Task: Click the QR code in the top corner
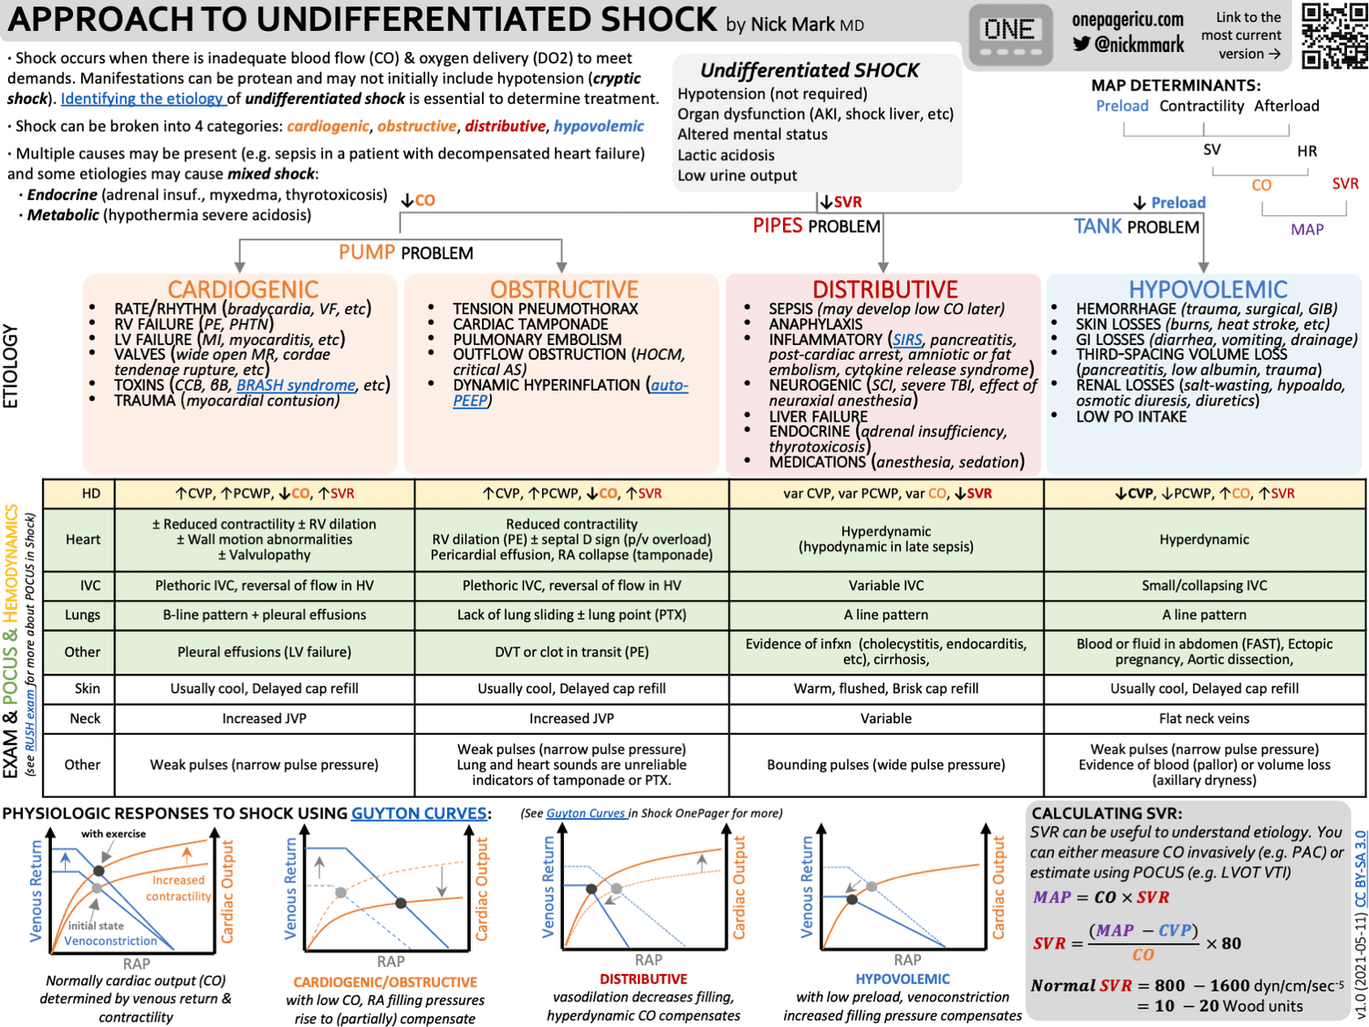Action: [x=1333, y=36]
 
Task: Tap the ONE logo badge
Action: [x=1009, y=35]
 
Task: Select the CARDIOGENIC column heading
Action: [x=243, y=289]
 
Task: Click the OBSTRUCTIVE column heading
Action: [x=564, y=289]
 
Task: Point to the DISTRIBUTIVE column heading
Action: [x=885, y=289]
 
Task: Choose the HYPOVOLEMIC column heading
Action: [x=1207, y=289]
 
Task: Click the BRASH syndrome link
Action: [x=296, y=385]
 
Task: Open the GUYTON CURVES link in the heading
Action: [x=419, y=813]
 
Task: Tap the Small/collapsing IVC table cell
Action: [x=1204, y=585]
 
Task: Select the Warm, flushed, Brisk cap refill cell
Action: [x=885, y=688]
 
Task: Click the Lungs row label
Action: [x=82, y=615]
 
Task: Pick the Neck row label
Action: [x=85, y=718]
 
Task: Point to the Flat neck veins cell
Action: [x=1204, y=718]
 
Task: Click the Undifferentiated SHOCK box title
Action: [x=810, y=70]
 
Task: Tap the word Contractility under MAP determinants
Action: [x=1201, y=106]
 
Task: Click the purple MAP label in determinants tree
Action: [x=1306, y=230]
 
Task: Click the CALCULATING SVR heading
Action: [x=1106, y=813]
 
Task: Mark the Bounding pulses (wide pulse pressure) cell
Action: [x=885, y=765]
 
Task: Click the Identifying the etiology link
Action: [x=141, y=99]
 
